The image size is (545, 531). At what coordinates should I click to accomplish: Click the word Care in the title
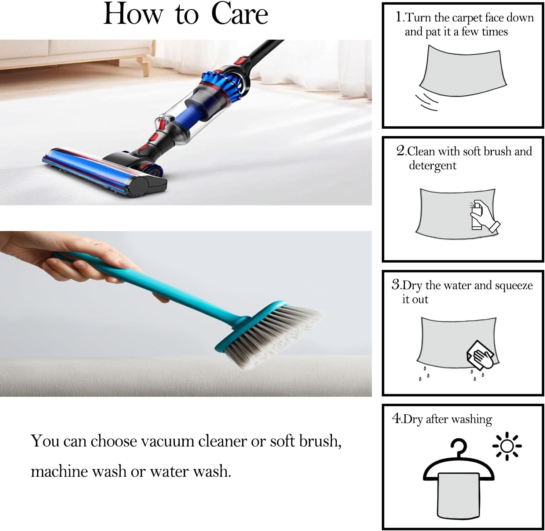(239, 14)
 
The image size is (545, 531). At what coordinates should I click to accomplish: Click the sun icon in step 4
(506, 446)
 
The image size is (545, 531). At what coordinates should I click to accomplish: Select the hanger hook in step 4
(458, 447)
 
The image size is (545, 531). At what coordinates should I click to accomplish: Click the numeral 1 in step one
(399, 17)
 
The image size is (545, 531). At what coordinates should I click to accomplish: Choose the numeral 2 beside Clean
(400, 151)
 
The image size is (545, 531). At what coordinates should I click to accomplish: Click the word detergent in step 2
(432, 166)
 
